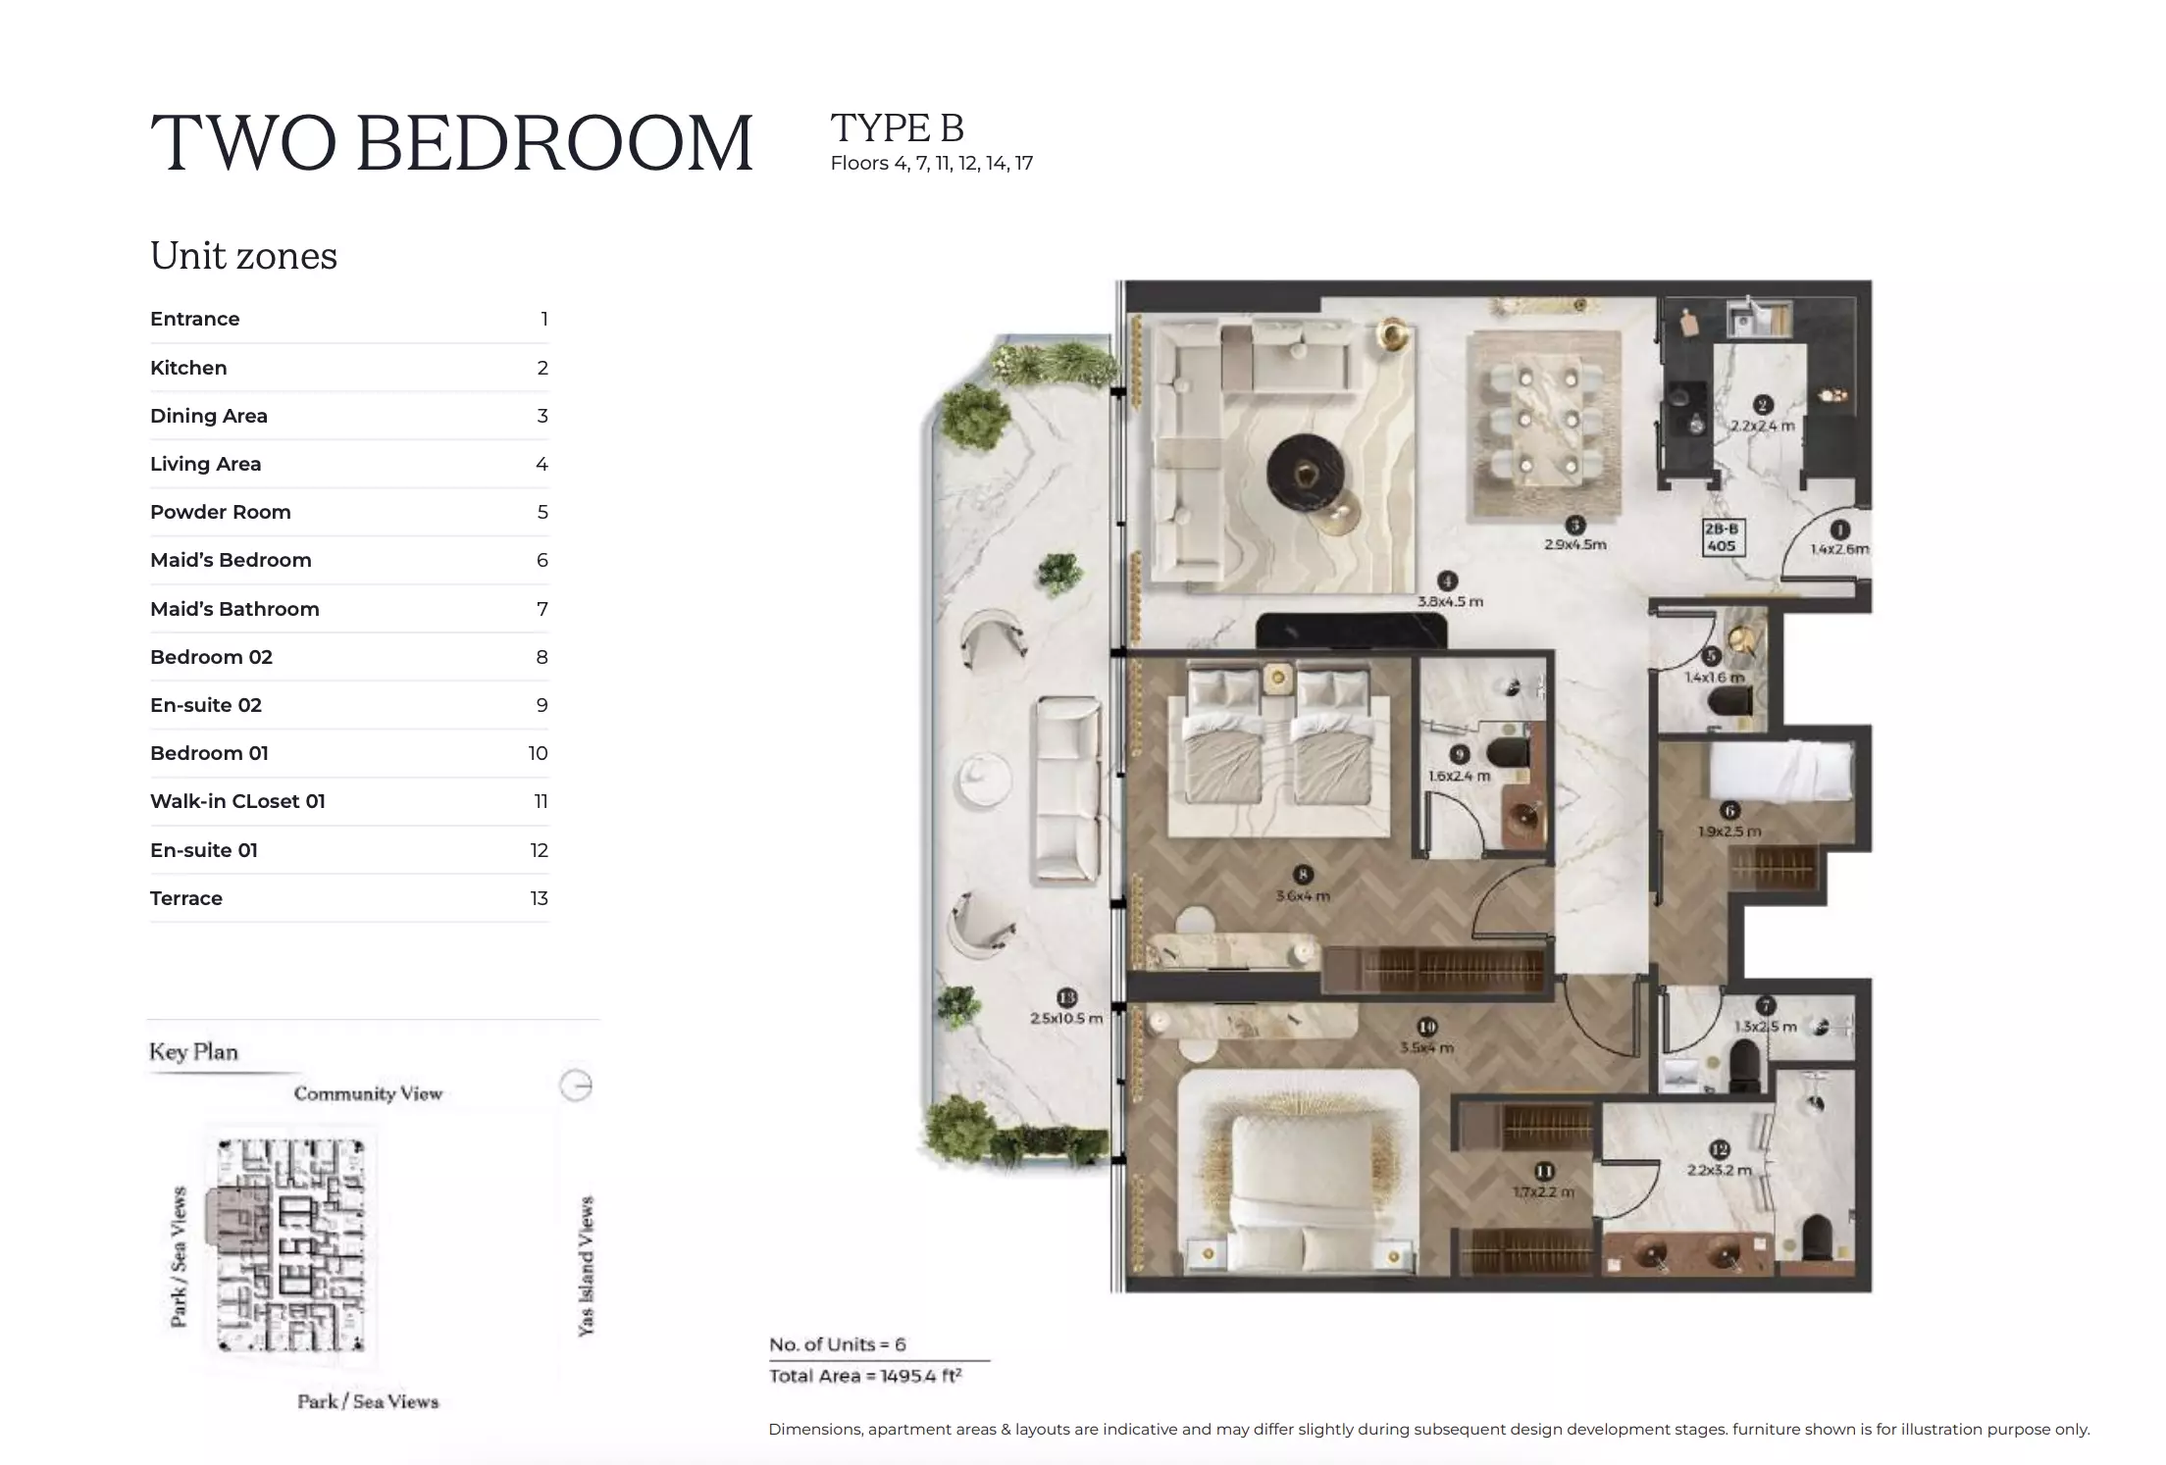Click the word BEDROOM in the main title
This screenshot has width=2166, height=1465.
(554, 143)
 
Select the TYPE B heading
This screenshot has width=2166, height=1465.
(897, 128)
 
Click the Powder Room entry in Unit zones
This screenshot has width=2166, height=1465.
(221, 512)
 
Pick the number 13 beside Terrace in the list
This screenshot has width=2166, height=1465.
(539, 898)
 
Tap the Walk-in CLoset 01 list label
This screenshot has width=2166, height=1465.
(237, 801)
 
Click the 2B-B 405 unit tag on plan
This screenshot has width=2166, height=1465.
(1722, 537)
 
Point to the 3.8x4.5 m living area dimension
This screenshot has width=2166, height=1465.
(1450, 601)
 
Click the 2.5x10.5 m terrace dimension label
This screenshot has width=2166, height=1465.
(1066, 1018)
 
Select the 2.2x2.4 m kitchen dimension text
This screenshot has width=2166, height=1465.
(1762, 426)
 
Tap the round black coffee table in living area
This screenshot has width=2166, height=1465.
(1306, 474)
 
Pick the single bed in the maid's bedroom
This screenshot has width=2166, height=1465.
(1781, 769)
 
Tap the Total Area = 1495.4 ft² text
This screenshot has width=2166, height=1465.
(864, 1376)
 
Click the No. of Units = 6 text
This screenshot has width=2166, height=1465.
(837, 1344)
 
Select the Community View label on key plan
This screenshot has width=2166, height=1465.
(368, 1093)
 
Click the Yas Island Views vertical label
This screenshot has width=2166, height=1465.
(586, 1265)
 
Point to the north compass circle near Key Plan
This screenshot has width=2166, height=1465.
(576, 1086)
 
